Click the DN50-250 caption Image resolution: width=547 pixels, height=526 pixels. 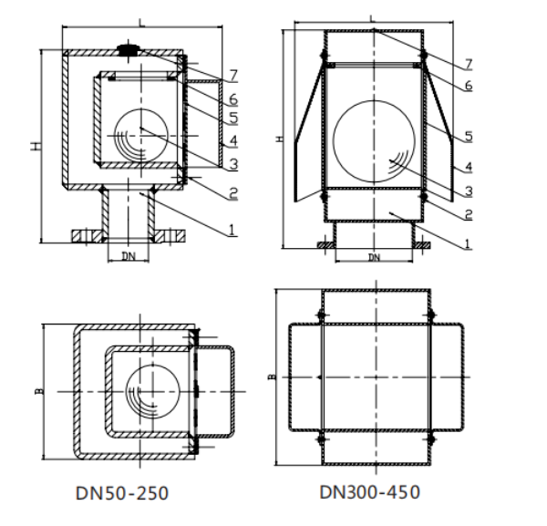(122, 493)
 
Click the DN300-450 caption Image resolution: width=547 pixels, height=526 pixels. (370, 492)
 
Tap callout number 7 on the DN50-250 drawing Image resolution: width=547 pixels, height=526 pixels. (233, 75)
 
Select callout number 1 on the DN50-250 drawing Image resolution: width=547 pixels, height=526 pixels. (232, 230)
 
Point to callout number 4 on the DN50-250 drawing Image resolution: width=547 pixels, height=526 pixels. (233, 140)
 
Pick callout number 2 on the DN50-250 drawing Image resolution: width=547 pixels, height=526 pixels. (233, 193)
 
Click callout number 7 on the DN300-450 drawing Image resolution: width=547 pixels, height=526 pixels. (469, 64)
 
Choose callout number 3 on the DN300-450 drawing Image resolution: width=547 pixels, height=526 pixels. (469, 191)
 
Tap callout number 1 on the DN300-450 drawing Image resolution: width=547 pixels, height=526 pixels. (468, 243)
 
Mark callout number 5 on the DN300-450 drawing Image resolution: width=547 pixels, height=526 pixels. (469, 136)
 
